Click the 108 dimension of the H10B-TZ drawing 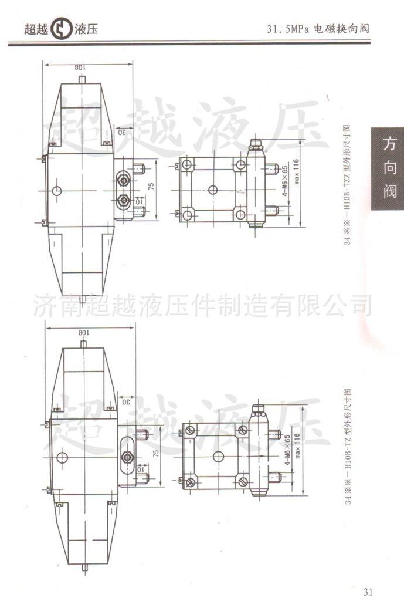83,332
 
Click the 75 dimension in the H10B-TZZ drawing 151,187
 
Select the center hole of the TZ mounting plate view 218,456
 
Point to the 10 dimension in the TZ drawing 140,469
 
